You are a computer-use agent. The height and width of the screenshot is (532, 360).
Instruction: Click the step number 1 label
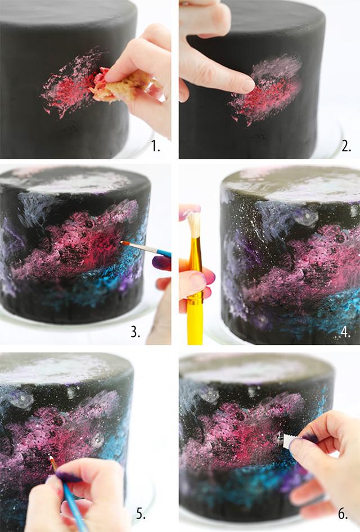tap(155, 146)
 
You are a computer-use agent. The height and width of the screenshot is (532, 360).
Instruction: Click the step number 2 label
tap(346, 146)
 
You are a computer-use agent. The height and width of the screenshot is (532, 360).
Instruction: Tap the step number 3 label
tap(136, 332)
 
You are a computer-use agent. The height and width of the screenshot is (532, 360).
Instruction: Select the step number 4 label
tap(345, 332)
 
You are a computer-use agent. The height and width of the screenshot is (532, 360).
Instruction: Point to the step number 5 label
tap(141, 514)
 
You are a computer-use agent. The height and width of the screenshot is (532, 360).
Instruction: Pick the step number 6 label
tap(343, 514)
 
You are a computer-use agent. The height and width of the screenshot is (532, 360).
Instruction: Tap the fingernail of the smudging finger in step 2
tap(247, 85)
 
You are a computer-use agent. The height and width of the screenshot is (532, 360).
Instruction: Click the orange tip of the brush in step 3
tap(124, 243)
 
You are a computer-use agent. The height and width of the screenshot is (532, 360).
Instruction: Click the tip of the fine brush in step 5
tap(50, 457)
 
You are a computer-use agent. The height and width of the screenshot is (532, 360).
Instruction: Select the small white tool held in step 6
tap(288, 440)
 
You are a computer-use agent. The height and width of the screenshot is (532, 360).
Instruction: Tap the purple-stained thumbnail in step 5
tap(69, 477)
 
